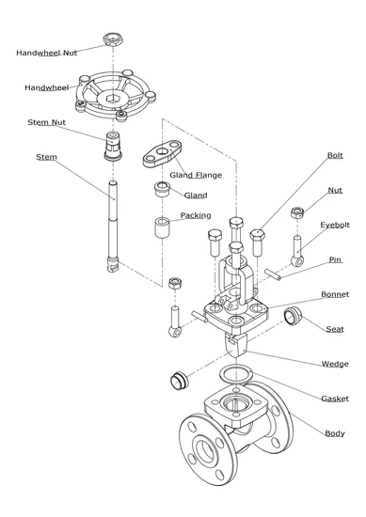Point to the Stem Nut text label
[x=46, y=121]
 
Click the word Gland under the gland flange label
[x=196, y=196]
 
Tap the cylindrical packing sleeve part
[x=162, y=228]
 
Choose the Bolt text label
[x=335, y=155]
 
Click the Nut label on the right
[x=335, y=190]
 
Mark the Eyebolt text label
[x=334, y=226]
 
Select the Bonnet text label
[x=334, y=294]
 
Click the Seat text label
[x=334, y=330]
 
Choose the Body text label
[x=334, y=433]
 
